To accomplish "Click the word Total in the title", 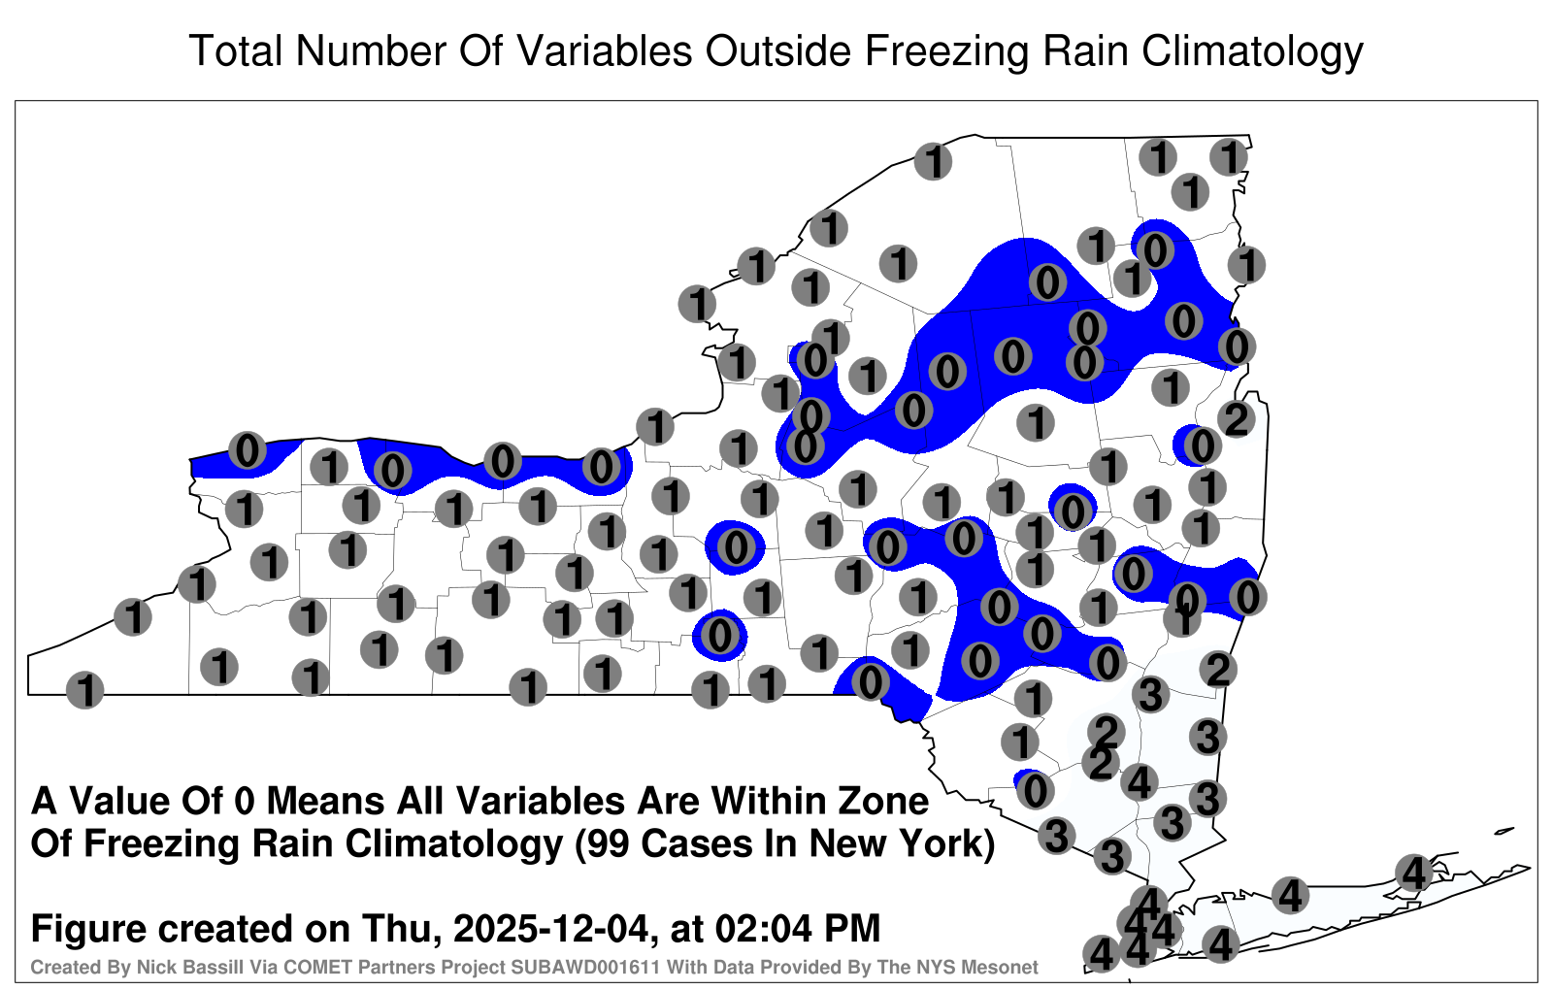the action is pyautogui.click(x=236, y=50).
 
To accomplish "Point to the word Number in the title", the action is pyautogui.click(x=371, y=50).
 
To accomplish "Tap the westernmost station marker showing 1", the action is pyautogui.click(x=84, y=690).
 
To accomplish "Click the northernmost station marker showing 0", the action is pyautogui.click(x=1155, y=249).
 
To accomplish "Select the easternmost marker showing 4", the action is pyautogui.click(x=1413, y=873).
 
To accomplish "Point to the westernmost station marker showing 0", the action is pyautogui.click(x=248, y=450).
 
